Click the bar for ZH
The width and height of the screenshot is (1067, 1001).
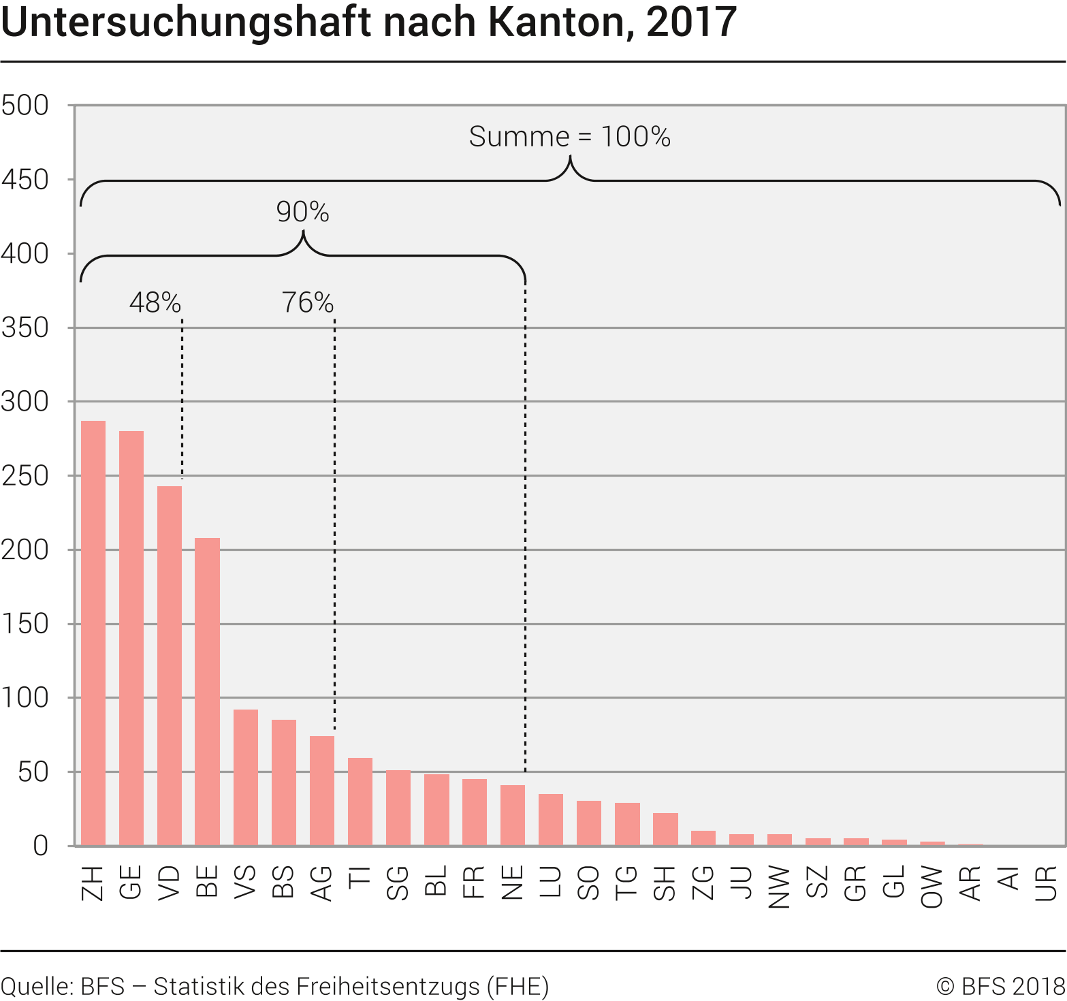tap(93, 633)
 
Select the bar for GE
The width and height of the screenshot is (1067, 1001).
tap(131, 638)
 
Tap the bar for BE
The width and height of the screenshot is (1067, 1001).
tap(208, 692)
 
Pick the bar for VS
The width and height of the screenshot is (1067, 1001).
tap(246, 778)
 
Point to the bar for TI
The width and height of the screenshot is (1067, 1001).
tap(360, 801)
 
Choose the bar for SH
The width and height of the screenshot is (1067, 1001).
tap(665, 829)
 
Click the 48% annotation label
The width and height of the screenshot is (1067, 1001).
tap(155, 302)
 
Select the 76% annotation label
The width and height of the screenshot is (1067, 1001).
tap(308, 302)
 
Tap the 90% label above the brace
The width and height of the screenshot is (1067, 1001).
tap(303, 212)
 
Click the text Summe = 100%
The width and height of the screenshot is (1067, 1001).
tap(570, 137)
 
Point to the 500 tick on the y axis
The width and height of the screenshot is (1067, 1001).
tap(25, 106)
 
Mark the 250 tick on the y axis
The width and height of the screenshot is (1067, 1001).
tap(25, 476)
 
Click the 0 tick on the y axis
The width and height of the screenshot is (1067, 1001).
tap(41, 846)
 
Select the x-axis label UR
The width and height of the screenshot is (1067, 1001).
tap(1047, 883)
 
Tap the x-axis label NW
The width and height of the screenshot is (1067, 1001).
tap(780, 887)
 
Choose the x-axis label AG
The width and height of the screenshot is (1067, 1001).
tap(322, 884)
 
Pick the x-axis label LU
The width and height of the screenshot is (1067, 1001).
tap(551, 883)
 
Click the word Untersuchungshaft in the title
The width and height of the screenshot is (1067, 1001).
tap(186, 22)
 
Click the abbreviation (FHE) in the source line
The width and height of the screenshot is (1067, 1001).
tap(518, 986)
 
